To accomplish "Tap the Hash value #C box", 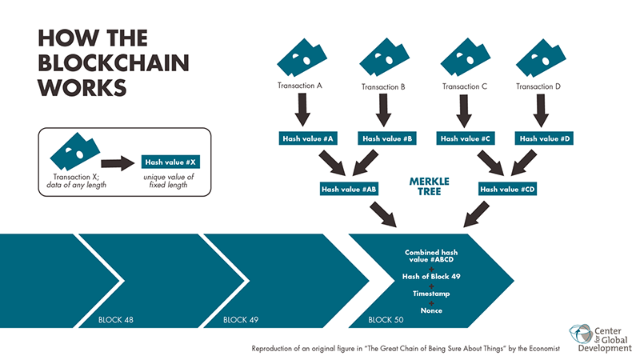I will (464, 138).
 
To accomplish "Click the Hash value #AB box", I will (349, 190).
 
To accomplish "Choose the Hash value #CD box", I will (506, 190).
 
